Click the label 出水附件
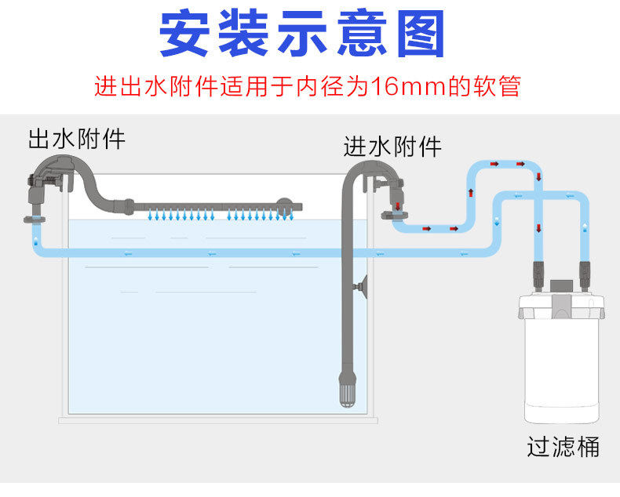point(76,140)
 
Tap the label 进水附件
point(392,147)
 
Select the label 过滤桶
point(563,447)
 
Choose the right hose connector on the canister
point(584,274)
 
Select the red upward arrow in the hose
point(471,192)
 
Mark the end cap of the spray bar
point(296,208)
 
